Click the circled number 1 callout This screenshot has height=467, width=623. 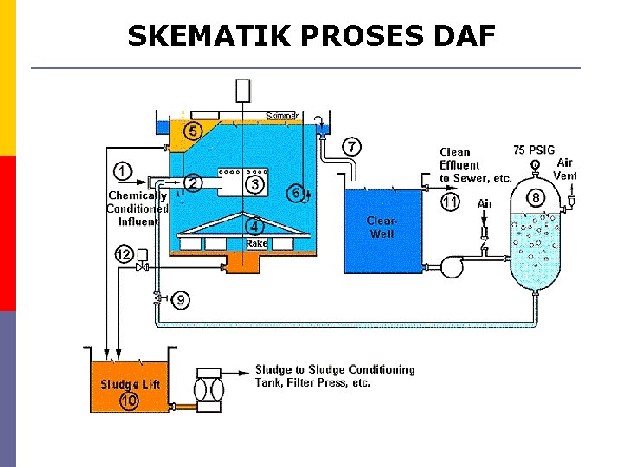[x=124, y=170]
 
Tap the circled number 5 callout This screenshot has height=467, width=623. [x=193, y=131]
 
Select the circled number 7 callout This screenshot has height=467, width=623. [x=352, y=146]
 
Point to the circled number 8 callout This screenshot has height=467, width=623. [x=536, y=198]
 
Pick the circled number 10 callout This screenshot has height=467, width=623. [x=130, y=401]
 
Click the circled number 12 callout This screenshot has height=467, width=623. [x=125, y=254]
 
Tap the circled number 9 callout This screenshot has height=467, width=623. [x=181, y=300]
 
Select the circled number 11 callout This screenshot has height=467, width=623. [x=450, y=202]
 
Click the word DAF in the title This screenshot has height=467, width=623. [x=460, y=36]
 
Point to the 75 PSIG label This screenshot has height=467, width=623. [x=534, y=150]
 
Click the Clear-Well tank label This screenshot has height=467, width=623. [x=382, y=227]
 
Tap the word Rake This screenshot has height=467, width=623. [x=256, y=244]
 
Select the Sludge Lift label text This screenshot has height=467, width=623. [x=130, y=384]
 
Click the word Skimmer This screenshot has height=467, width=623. [x=282, y=116]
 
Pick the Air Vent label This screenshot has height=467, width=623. [x=564, y=169]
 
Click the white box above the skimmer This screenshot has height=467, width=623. [x=243, y=90]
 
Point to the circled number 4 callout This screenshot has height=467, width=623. [x=254, y=227]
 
